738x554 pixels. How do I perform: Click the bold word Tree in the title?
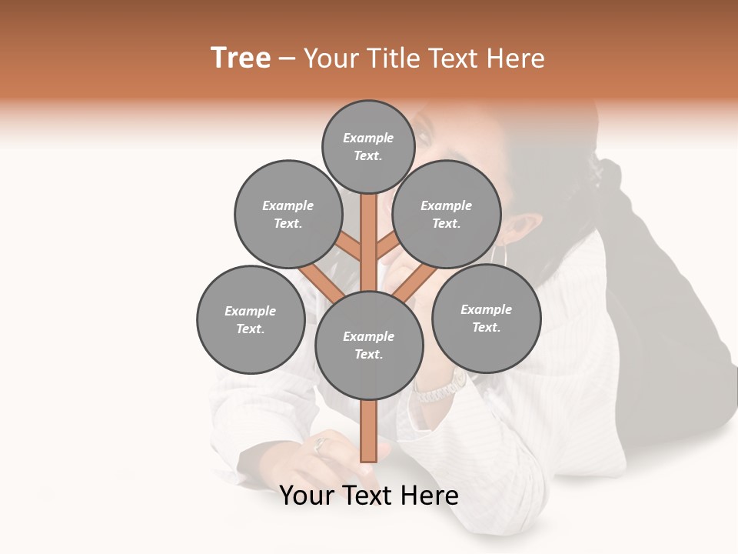241,58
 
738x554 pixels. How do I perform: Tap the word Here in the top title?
516,58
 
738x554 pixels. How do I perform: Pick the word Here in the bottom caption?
427,496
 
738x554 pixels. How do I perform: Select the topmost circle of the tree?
368,146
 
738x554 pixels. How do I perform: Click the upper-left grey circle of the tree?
288,214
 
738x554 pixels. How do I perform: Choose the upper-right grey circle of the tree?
447,214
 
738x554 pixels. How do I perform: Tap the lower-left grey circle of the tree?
251,319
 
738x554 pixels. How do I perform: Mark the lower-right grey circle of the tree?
486,318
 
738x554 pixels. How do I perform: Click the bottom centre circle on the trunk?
369,345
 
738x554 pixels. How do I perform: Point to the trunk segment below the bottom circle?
369,431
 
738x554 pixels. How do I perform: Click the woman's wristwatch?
440,389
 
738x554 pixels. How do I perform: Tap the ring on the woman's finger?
321,444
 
